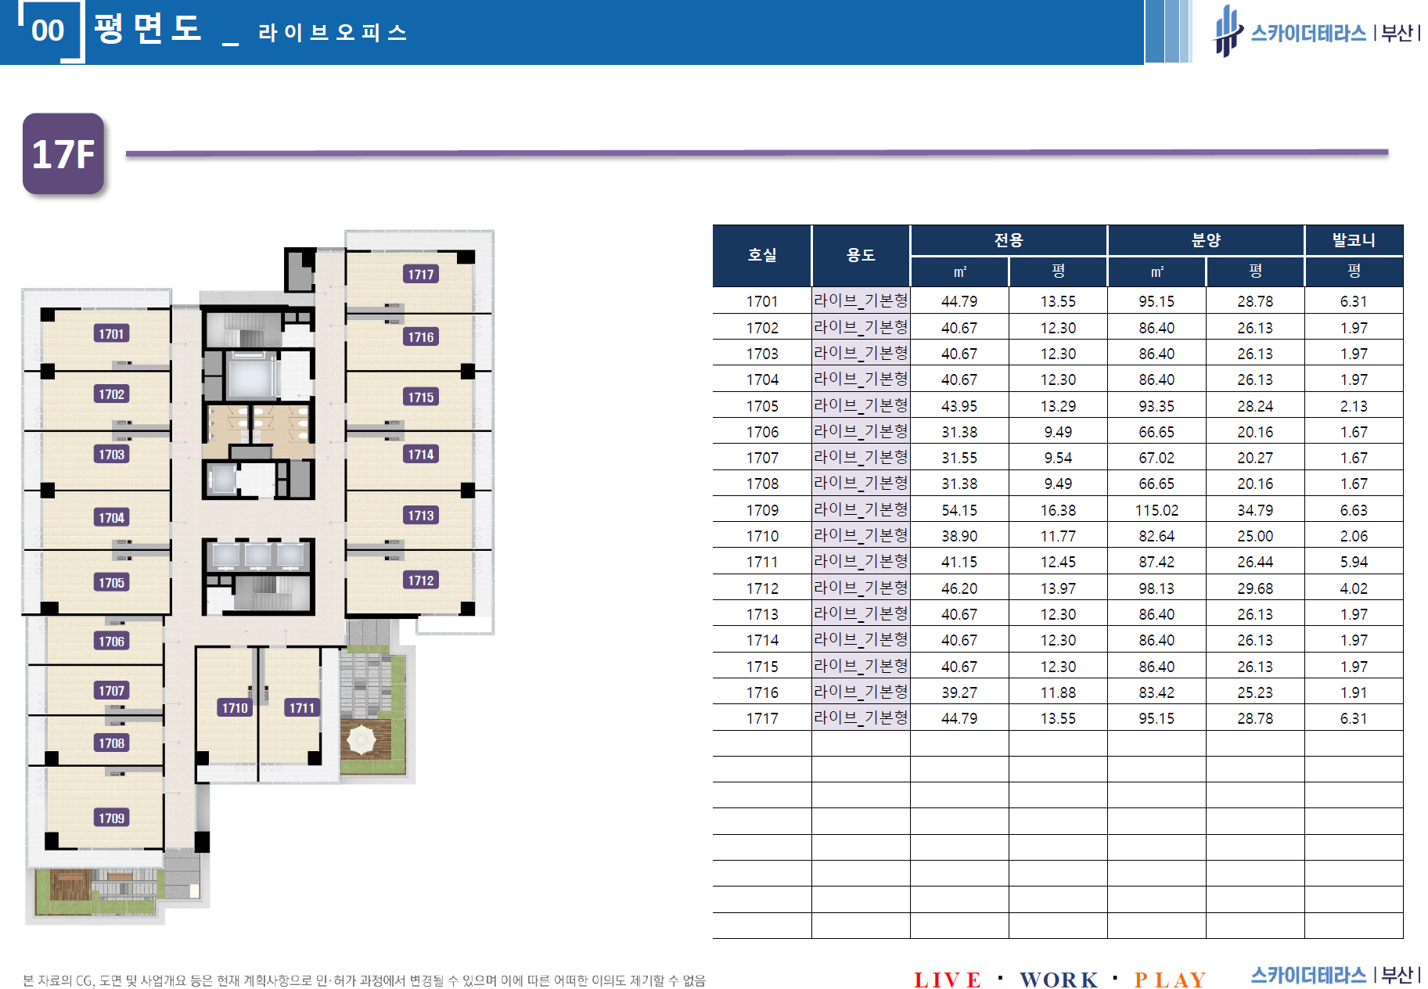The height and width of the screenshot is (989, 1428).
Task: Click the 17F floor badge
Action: [63, 153]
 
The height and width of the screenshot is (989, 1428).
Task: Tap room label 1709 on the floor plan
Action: [111, 818]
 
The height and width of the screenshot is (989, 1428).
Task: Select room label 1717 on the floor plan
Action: [421, 274]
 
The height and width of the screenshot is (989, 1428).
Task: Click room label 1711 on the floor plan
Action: [302, 707]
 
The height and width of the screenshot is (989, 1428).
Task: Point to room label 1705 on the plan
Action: [111, 582]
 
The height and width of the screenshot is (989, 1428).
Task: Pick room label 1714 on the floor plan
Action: [421, 454]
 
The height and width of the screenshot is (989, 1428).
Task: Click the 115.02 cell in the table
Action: [1156, 510]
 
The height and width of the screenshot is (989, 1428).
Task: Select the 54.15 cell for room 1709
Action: [959, 510]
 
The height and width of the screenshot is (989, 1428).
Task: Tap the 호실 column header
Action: [762, 255]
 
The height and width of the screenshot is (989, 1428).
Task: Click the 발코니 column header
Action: [1354, 240]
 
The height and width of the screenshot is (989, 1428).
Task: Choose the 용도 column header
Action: [861, 255]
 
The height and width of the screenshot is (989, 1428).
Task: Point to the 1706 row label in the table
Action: [762, 432]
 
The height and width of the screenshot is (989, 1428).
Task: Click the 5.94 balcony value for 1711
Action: [1354, 562]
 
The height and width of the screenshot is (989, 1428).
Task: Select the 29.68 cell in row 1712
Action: [1255, 588]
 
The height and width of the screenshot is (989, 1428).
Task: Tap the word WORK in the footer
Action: [1059, 980]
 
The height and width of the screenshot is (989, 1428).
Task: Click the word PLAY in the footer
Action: [1170, 980]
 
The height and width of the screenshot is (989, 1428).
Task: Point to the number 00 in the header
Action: [48, 31]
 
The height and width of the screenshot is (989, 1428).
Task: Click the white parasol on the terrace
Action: [361, 739]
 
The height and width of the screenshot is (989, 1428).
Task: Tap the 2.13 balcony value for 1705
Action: [1354, 406]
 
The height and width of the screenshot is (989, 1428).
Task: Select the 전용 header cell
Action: [1009, 240]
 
